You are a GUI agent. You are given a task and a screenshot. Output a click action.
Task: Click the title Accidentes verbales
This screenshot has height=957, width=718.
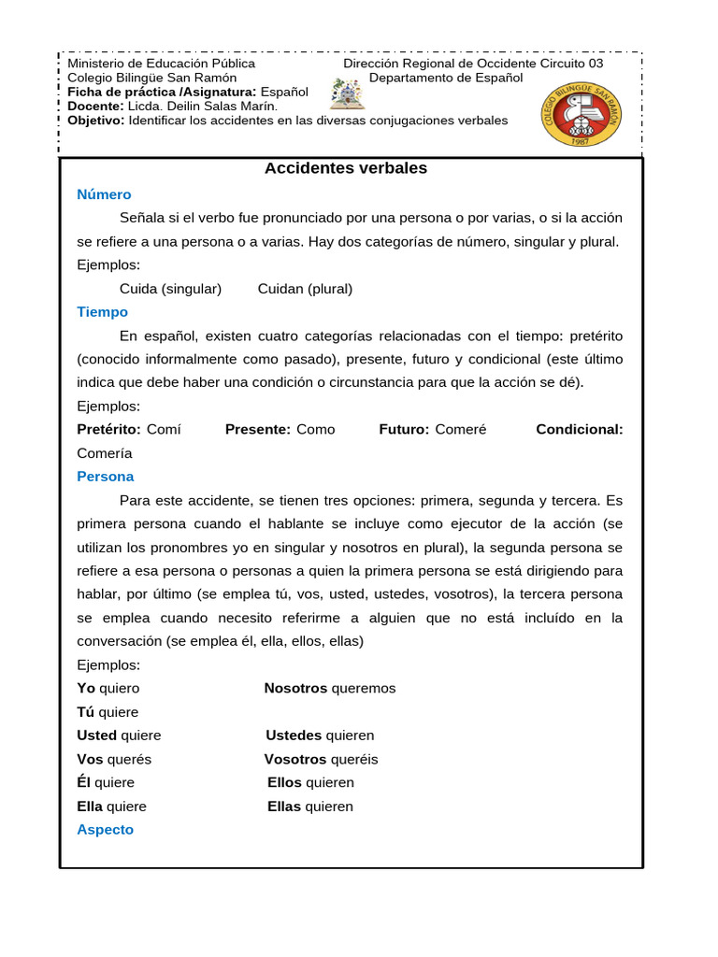[345, 169]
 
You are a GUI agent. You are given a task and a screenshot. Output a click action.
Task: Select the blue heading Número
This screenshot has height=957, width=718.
[104, 194]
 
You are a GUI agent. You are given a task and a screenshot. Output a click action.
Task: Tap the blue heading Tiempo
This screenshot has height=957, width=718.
[102, 312]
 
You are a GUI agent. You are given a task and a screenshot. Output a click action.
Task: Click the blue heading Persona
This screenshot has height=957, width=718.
[105, 477]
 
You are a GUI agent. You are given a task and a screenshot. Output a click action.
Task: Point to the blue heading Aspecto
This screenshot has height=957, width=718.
[105, 830]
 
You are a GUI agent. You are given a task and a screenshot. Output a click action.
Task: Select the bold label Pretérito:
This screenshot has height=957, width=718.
[108, 430]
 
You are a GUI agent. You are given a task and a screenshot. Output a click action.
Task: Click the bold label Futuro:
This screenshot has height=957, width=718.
[404, 430]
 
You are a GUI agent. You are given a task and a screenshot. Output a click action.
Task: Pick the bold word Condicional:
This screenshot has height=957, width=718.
[579, 430]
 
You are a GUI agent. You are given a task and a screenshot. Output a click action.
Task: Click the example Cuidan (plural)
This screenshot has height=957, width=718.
[305, 289]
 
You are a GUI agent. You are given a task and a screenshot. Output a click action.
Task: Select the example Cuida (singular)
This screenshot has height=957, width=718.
[170, 289]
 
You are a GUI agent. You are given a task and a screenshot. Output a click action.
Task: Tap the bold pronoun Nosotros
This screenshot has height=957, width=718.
[295, 689]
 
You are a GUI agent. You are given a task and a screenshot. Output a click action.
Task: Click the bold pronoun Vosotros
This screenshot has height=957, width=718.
[295, 760]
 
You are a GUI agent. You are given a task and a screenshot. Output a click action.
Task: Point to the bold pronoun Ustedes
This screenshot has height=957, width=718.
[294, 736]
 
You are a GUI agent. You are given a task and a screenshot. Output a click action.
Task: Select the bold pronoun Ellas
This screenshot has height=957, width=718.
[284, 807]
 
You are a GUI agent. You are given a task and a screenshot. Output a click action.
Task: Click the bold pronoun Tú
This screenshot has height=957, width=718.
[85, 712]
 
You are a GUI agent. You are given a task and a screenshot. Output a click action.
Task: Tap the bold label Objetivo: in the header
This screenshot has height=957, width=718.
[96, 121]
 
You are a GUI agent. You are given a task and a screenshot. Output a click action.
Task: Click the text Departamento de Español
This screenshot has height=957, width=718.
[446, 78]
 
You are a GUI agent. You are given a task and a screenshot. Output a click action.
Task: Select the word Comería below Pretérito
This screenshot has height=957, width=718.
[105, 453]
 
